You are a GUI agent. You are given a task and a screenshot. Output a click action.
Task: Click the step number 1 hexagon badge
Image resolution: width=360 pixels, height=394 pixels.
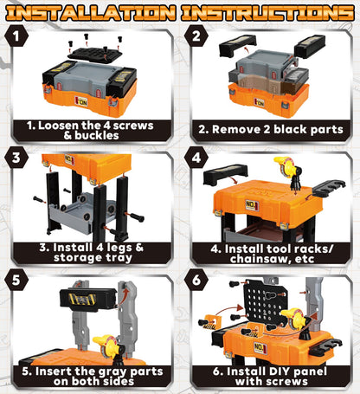tap(16, 36)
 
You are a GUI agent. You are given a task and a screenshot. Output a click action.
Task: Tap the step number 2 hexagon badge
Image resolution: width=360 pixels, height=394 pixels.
tap(196, 36)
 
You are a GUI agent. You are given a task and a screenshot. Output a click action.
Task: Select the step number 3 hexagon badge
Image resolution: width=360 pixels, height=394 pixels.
tap(16, 158)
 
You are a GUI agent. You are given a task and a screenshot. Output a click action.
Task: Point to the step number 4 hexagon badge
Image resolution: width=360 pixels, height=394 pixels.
tap(196, 158)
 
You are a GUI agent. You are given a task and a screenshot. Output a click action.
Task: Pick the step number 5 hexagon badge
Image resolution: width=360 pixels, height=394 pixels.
tap(16, 280)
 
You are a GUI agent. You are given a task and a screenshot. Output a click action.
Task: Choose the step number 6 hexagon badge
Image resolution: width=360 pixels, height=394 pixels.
tap(196, 280)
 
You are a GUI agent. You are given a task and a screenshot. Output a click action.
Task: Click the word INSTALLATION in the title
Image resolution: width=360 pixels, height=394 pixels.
tap(91, 13)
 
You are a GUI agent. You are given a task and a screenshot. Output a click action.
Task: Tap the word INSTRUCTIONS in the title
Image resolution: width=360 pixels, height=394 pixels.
tap(268, 13)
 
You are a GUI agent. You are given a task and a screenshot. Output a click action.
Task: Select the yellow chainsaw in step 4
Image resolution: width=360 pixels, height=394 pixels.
tap(288, 171)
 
